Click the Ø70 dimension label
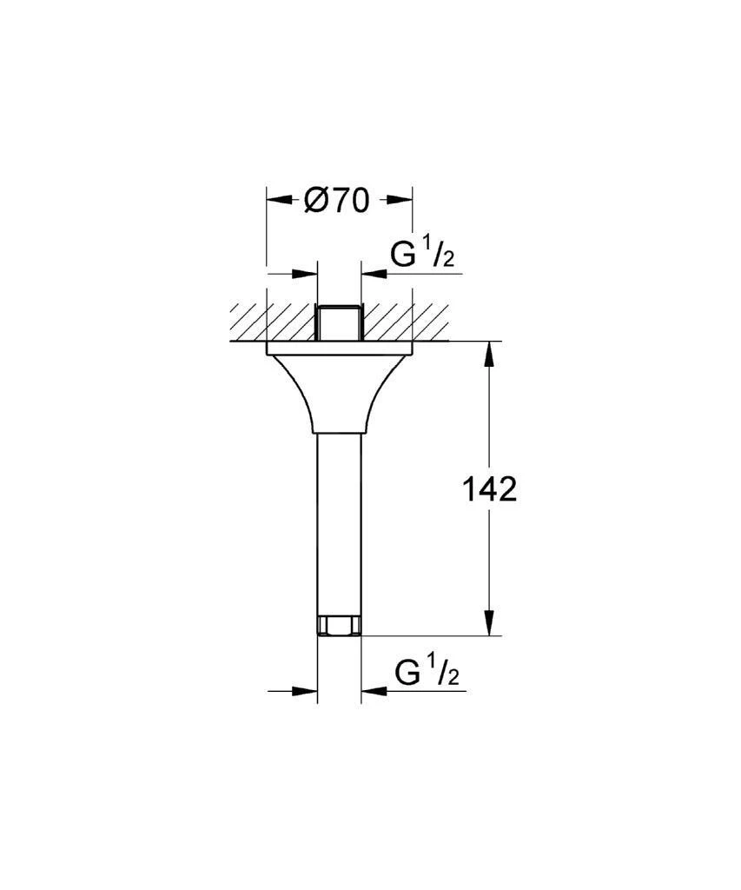[x=336, y=200]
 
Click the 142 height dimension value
[x=490, y=488]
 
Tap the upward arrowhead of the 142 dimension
[x=491, y=354]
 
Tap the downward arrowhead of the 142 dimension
[x=491, y=622]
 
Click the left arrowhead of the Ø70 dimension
[x=279, y=199]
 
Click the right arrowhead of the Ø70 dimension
[x=400, y=199]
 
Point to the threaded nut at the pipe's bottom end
[x=339, y=626]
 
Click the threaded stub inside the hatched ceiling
[x=339, y=323]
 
